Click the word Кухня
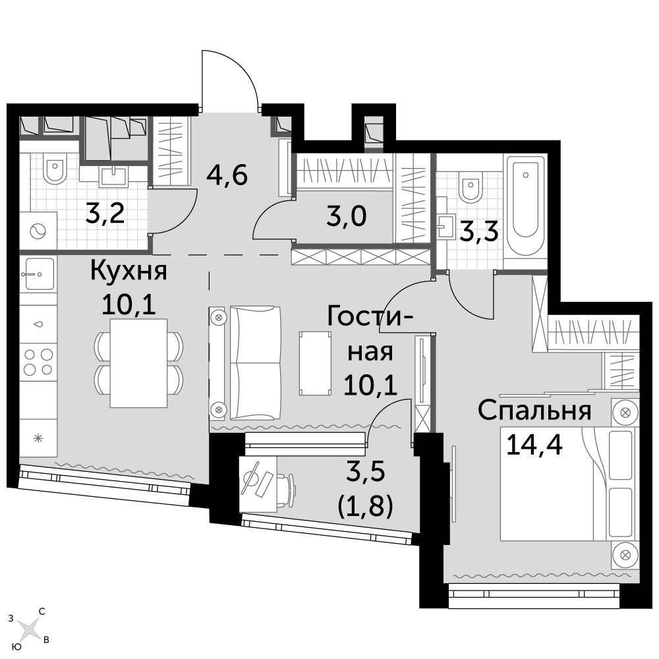click(x=129, y=272)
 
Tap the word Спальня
click(x=534, y=411)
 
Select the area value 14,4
click(x=534, y=444)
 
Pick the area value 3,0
click(x=347, y=216)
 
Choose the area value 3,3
click(x=480, y=231)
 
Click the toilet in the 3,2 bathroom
click(x=55, y=168)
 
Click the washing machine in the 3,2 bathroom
click(x=38, y=231)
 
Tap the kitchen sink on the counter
click(x=38, y=273)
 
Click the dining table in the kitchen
click(x=138, y=363)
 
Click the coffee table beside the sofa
click(x=315, y=363)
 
